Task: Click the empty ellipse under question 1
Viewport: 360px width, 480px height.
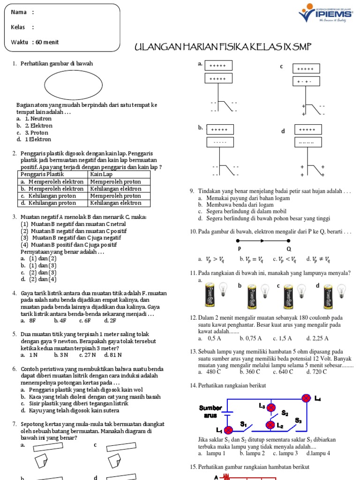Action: tap(73, 85)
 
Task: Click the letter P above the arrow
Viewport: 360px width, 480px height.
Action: tap(239, 248)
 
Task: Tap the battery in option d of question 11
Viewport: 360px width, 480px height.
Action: tap(329, 297)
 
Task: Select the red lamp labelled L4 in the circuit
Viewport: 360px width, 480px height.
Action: tap(306, 398)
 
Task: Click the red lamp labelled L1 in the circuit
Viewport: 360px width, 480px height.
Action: tap(229, 430)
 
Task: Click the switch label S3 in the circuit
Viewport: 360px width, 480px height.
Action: tap(298, 420)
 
